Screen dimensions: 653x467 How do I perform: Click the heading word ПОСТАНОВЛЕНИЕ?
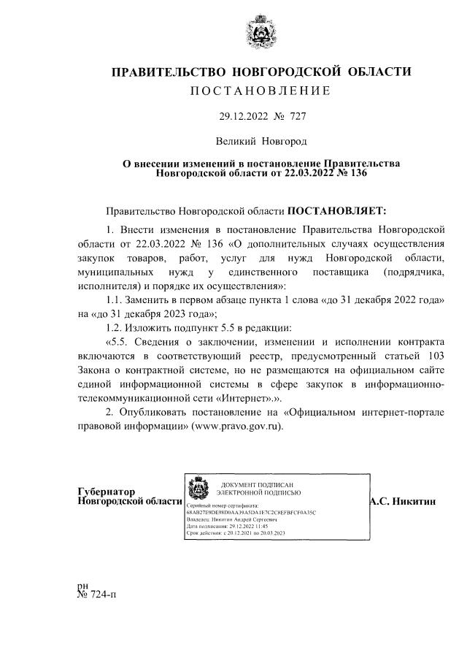point(261,91)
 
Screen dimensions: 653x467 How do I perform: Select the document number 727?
point(298,116)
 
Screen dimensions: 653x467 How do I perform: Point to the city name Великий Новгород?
point(261,140)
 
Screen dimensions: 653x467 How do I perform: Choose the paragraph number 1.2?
point(116,328)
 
